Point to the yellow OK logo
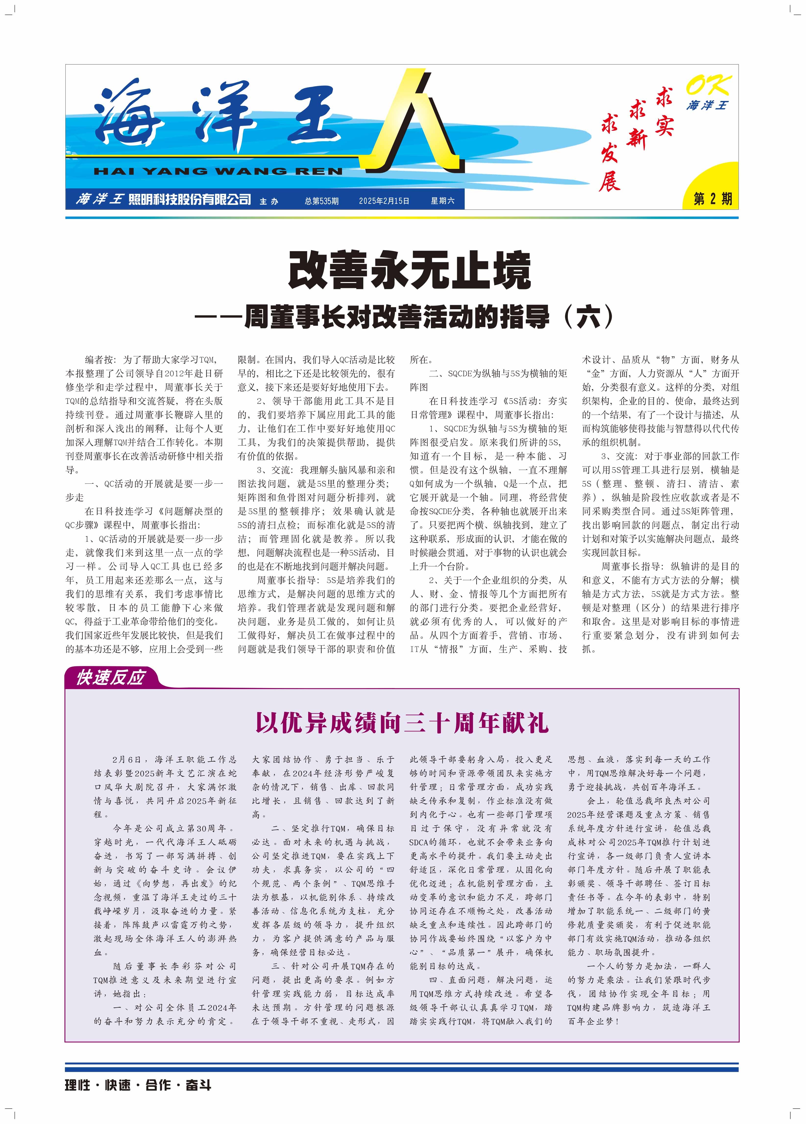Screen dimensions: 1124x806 tap(708, 86)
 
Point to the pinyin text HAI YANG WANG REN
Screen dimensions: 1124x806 tap(218, 172)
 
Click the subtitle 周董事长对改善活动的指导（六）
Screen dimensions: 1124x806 tap(428, 317)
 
